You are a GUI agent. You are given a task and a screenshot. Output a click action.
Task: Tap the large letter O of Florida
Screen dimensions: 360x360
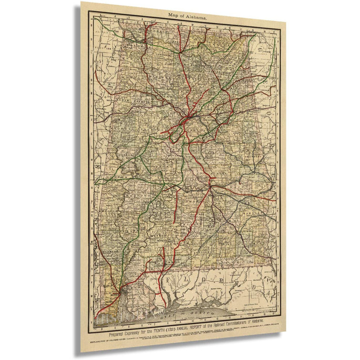point(208,277)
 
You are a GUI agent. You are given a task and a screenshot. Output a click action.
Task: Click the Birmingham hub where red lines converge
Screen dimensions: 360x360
point(189,115)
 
